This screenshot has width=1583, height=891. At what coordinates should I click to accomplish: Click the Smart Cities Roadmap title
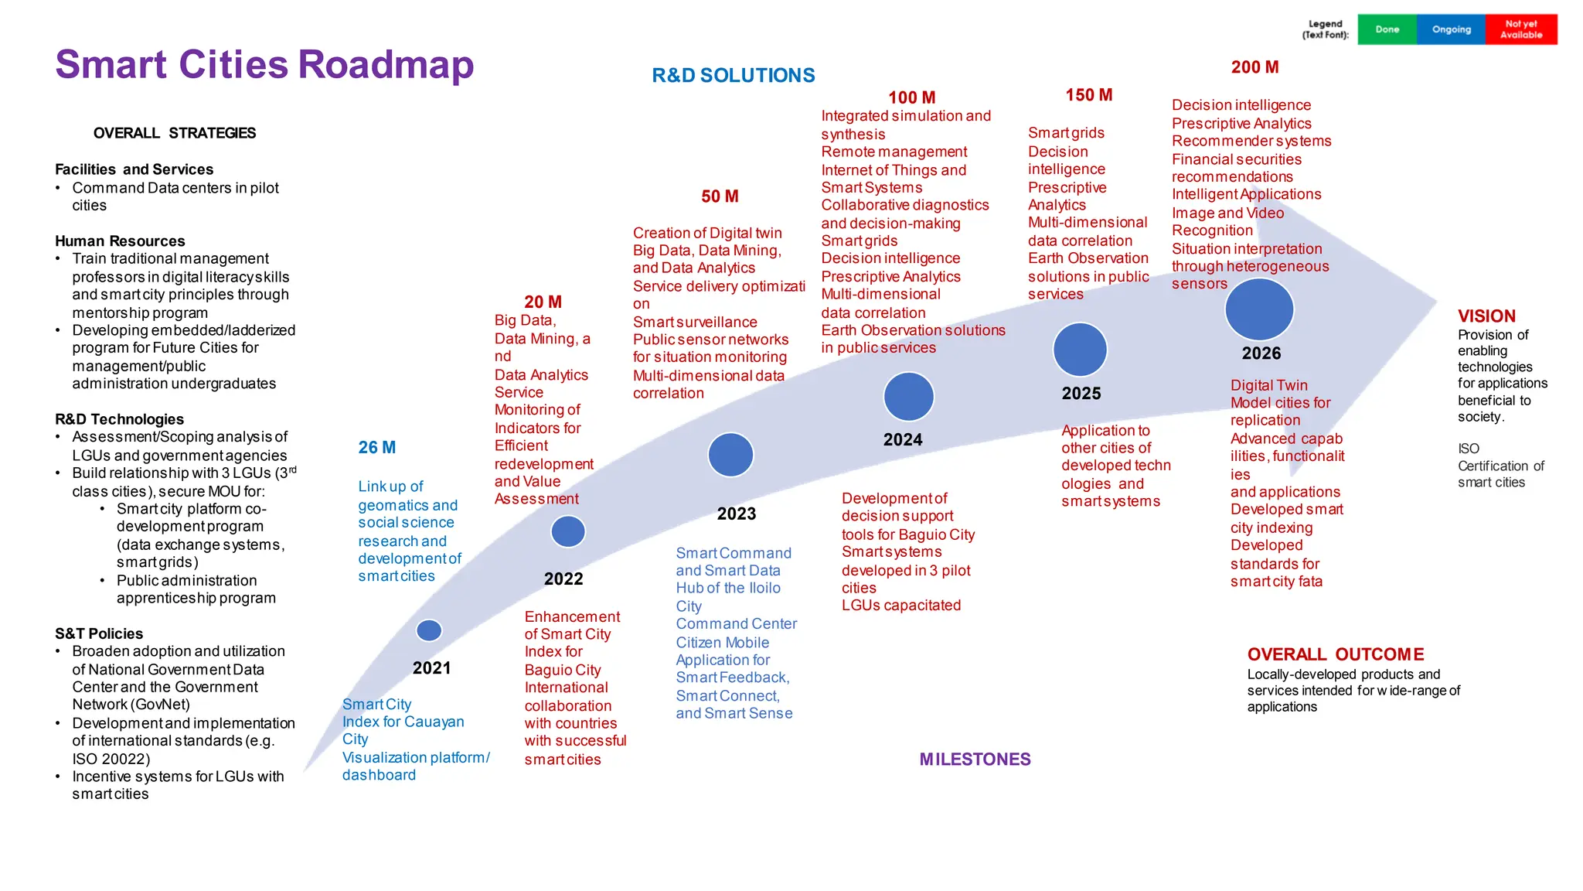point(264,65)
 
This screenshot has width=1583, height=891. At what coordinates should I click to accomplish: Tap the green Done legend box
point(1387,29)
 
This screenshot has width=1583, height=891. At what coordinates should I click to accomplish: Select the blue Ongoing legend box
point(1451,29)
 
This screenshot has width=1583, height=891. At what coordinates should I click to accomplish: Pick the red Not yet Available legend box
point(1521,29)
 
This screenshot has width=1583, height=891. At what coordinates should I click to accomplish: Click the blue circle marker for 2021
point(429,630)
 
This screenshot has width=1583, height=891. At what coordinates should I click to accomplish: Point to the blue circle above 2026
point(1259,309)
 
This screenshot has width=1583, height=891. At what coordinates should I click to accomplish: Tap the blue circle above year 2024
point(908,397)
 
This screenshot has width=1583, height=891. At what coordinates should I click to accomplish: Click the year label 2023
point(736,514)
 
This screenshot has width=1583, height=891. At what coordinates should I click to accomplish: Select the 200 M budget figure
point(1254,67)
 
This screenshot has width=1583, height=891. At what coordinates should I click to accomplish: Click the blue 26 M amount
point(376,448)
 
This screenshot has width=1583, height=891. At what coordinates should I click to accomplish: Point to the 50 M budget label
point(720,196)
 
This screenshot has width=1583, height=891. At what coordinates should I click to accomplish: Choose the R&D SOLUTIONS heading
point(733,76)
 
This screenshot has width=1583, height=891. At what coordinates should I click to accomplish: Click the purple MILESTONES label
point(975,760)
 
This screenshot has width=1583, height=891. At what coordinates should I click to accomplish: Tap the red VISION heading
point(1486,316)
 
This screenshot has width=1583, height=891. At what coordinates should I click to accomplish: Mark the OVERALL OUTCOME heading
point(1335,654)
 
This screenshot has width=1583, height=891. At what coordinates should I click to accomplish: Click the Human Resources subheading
point(120,241)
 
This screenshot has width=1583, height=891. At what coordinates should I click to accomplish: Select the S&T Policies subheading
point(99,633)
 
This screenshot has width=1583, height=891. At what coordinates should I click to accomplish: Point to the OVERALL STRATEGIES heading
point(174,133)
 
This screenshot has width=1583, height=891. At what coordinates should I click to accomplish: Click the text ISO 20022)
point(111,759)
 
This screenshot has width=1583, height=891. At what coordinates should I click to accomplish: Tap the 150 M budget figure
point(1088,95)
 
